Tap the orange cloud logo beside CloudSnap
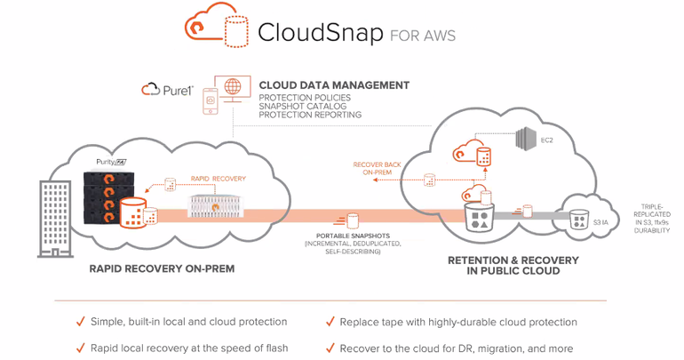205,28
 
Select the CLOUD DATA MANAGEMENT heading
334,85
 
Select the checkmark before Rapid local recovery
82,348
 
